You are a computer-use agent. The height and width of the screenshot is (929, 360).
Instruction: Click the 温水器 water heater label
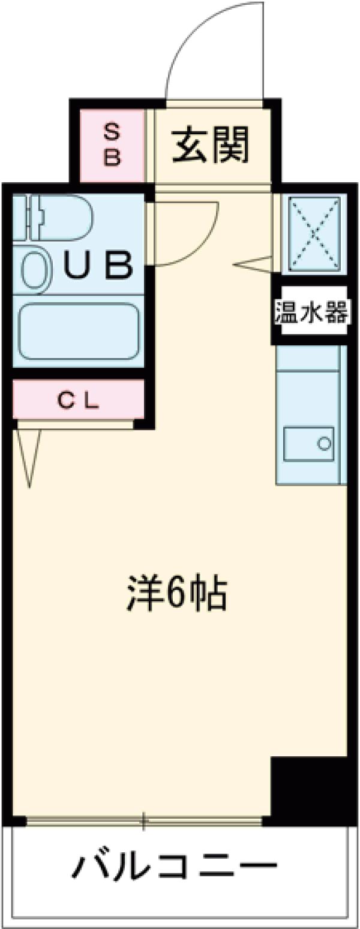click(x=311, y=312)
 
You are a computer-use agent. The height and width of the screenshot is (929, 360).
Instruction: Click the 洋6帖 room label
click(x=177, y=593)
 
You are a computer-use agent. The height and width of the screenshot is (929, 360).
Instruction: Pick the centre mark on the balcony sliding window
click(x=144, y=820)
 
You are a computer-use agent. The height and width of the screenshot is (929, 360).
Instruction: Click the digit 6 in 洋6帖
click(x=175, y=593)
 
